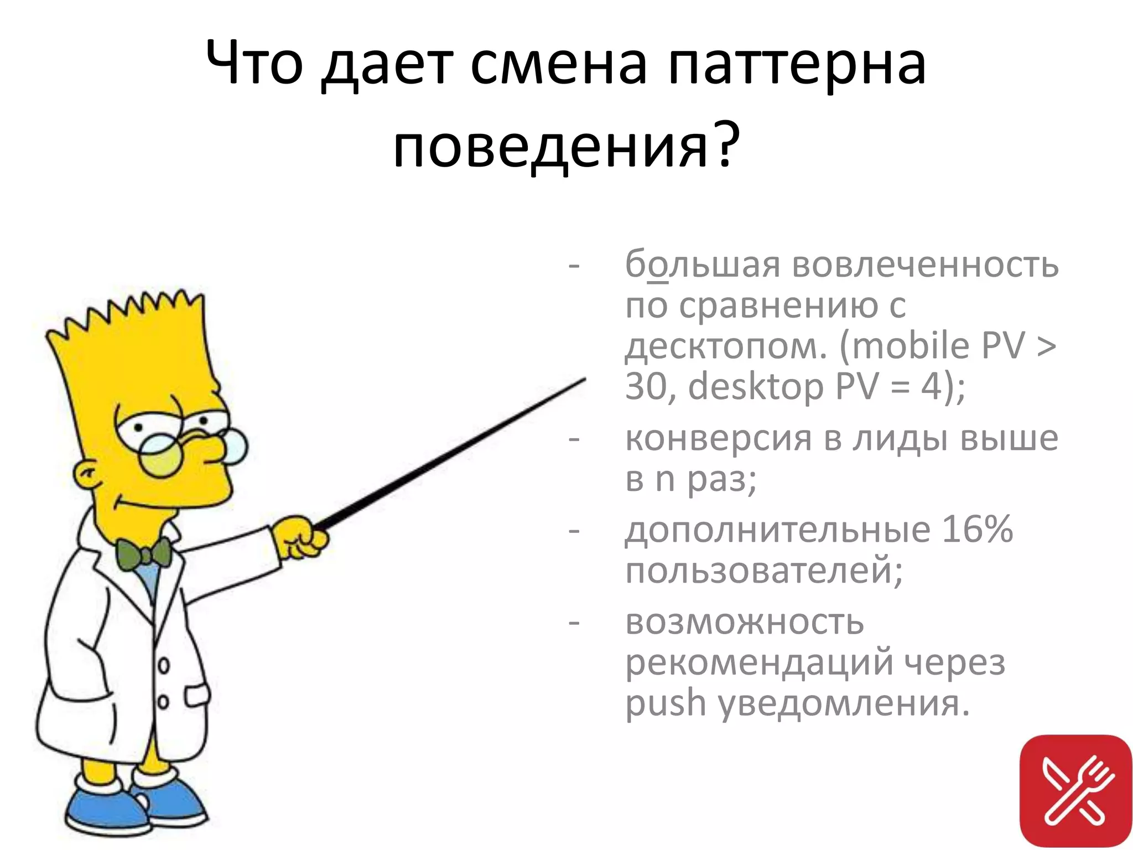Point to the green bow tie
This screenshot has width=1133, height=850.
click(143, 553)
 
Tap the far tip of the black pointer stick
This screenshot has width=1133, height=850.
click(584, 380)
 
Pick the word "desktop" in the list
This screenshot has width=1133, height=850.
click(756, 386)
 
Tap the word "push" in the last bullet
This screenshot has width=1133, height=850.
click(666, 703)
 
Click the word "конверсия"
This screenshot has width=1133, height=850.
click(718, 438)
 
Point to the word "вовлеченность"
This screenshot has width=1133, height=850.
click(926, 265)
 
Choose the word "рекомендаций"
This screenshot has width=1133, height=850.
click(759, 662)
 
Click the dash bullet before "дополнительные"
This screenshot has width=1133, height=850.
click(574, 531)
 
